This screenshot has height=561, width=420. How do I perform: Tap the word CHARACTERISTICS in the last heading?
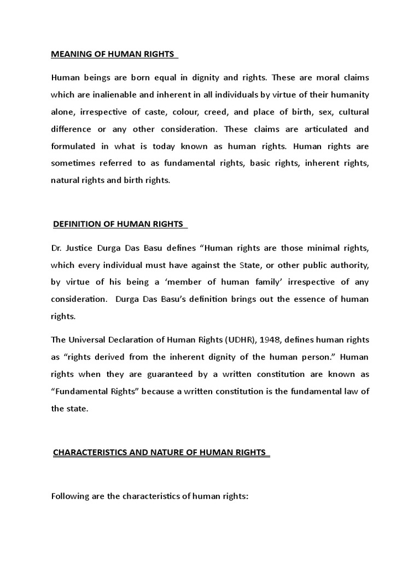point(91,453)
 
